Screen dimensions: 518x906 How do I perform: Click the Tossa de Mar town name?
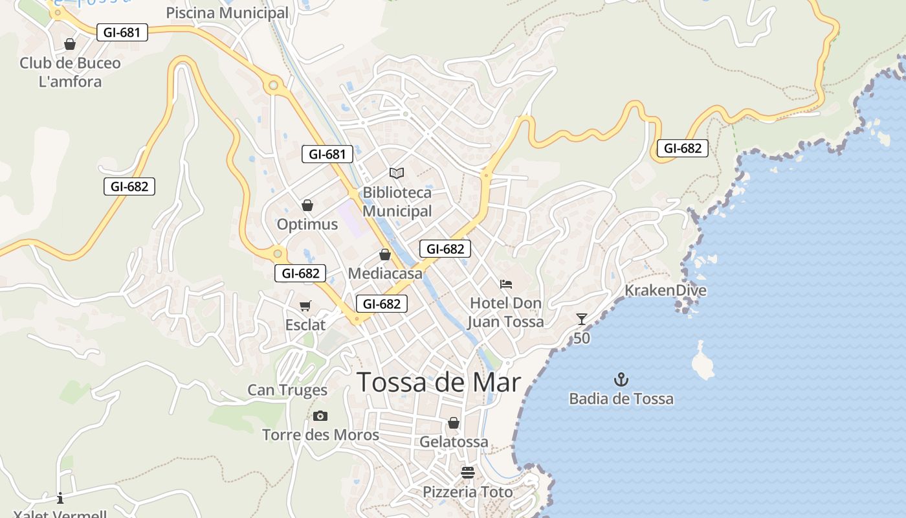tap(439, 382)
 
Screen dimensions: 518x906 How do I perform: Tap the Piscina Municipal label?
tap(227, 13)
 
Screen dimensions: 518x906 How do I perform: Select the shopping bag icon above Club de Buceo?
tap(70, 44)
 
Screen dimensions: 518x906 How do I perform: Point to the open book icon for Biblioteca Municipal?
tap(397, 173)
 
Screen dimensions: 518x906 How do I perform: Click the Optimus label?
tap(307, 225)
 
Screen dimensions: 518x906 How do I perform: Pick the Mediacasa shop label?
tap(385, 273)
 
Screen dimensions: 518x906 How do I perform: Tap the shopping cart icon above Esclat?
tap(305, 306)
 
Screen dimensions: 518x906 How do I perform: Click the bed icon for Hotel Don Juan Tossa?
tap(506, 284)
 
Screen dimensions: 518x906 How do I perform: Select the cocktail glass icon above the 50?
tap(582, 319)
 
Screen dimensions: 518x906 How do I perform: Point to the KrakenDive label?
tap(665, 290)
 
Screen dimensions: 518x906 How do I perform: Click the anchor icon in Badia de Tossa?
tap(621, 379)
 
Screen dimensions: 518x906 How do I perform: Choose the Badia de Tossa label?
tap(621, 399)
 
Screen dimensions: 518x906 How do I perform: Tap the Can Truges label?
tap(287, 390)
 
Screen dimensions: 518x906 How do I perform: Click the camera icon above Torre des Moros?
tap(320, 416)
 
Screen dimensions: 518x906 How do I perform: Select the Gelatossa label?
tap(454, 442)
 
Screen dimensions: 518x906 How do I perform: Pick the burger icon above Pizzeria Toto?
tap(468, 473)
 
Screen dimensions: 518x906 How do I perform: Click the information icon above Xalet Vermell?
tap(60, 498)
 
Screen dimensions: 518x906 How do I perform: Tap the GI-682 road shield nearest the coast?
tap(683, 148)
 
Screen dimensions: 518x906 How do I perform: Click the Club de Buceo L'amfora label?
tap(70, 73)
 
